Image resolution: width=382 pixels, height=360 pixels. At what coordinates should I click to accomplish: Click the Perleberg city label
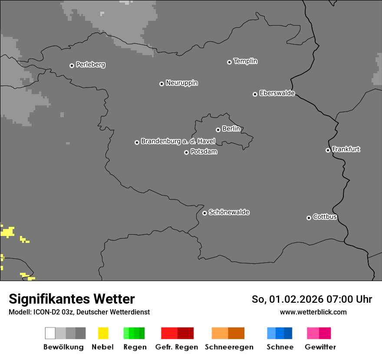click(90, 65)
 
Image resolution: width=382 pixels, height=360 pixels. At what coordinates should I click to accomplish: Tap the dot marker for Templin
click(229, 62)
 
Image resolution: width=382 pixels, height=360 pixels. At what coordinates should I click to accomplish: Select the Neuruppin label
click(181, 83)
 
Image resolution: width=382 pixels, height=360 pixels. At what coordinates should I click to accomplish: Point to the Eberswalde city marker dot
click(255, 94)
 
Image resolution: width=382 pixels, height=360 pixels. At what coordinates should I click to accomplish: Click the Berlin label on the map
click(231, 129)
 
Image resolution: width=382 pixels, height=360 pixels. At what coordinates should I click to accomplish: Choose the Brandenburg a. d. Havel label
click(178, 141)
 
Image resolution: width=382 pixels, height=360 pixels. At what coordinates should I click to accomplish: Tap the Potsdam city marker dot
click(186, 152)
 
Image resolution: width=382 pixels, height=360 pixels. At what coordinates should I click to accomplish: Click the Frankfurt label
click(346, 149)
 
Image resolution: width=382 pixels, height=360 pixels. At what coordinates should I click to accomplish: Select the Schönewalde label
click(229, 212)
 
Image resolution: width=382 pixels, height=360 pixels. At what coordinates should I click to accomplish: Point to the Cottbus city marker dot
click(309, 218)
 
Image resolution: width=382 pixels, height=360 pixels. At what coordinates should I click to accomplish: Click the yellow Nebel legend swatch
click(103, 333)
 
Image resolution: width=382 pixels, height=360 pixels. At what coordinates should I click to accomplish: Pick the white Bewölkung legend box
click(50, 333)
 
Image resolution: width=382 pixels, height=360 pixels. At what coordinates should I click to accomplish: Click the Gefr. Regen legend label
click(176, 347)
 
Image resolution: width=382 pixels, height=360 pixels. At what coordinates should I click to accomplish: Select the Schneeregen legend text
click(229, 347)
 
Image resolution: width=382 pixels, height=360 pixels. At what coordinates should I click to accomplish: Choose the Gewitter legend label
click(320, 347)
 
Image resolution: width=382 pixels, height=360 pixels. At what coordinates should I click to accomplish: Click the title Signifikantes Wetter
click(72, 299)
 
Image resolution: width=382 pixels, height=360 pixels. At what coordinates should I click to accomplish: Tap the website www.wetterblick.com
click(313, 312)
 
